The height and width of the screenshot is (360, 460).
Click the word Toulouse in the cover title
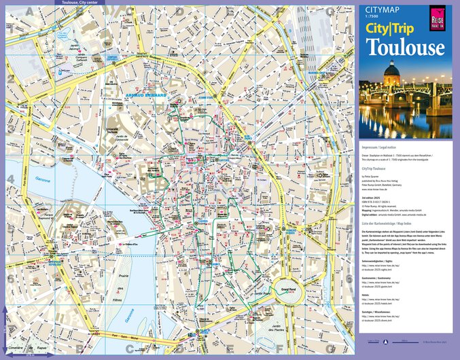point(405,47)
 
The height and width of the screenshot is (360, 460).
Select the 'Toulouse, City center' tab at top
point(79,3)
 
